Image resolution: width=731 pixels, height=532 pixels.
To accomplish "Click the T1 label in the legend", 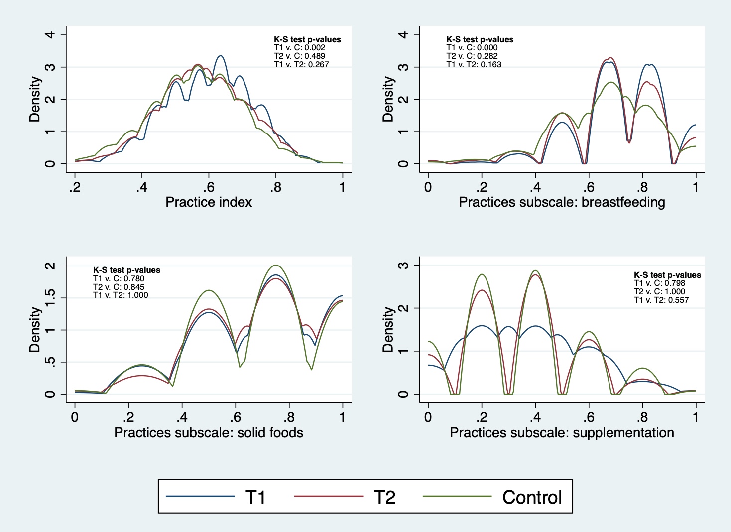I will (255, 497).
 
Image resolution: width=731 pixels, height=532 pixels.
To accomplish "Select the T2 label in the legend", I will (384, 497).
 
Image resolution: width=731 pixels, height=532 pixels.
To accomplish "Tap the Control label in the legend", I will (532, 497).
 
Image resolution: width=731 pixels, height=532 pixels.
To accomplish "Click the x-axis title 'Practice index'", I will (209, 202).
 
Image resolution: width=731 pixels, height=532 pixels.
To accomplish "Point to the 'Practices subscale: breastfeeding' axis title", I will (562, 202).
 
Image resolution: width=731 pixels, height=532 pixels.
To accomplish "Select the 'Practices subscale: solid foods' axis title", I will (209, 432).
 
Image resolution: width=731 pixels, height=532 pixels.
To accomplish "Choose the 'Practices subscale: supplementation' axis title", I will (562, 432).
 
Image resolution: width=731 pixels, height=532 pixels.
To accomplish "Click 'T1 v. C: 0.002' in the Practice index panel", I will (299, 48).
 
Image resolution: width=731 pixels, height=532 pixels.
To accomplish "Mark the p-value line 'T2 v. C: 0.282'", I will (472, 56).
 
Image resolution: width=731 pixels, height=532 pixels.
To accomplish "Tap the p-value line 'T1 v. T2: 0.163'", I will (474, 64).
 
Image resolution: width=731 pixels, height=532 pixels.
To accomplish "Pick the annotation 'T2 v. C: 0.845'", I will (119, 287).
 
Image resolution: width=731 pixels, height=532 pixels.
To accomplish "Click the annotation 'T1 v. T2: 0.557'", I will (661, 300).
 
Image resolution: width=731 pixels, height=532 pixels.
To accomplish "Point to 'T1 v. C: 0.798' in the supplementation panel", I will (659, 283).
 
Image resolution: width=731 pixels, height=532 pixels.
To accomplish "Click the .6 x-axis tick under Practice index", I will (209, 187).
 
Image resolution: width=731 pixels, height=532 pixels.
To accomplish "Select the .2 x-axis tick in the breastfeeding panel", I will (482, 187).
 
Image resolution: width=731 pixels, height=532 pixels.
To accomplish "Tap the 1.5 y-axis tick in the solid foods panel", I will (50, 298).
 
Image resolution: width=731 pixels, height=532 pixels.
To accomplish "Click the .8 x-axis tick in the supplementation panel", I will (642, 417).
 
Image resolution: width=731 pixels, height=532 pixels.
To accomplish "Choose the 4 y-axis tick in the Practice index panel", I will (50, 34).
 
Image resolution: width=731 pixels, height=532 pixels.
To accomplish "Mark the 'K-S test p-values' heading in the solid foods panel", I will (126, 270).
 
